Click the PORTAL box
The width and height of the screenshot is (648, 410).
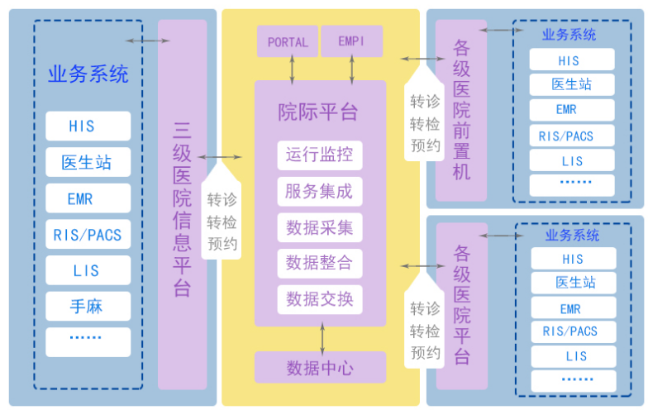pyautogui.click(x=288, y=41)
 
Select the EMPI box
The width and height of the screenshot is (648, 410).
pyautogui.click(x=352, y=41)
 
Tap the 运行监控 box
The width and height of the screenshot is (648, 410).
pyautogui.click(x=319, y=155)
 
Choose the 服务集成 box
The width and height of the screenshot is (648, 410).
pyautogui.click(x=319, y=192)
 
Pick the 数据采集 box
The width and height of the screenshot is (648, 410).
pyautogui.click(x=319, y=227)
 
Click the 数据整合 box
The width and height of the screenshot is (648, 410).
pyautogui.click(x=319, y=263)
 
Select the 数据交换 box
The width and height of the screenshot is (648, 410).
pyautogui.click(x=319, y=299)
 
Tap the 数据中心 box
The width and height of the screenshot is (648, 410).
pyautogui.click(x=320, y=367)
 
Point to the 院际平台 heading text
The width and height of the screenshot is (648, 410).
pyautogui.click(x=317, y=112)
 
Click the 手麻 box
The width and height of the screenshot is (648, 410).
pyautogui.click(x=88, y=306)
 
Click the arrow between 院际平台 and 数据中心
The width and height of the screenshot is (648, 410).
pyautogui.click(x=322, y=339)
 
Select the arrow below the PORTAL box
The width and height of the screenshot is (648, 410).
pyautogui.click(x=293, y=69)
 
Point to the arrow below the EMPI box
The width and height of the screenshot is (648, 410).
pyautogui.click(x=352, y=69)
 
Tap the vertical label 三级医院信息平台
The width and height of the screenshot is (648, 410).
pyautogui.click(x=182, y=210)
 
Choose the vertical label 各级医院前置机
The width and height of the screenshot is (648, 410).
pyautogui.click(x=461, y=109)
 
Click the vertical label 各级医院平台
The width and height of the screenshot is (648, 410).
pyautogui.click(x=462, y=304)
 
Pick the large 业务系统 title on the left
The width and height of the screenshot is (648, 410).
pyautogui.click(x=88, y=74)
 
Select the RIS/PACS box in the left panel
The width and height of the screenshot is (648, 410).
pyautogui.click(x=88, y=235)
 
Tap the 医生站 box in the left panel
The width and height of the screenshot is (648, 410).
pyautogui.click(x=88, y=162)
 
